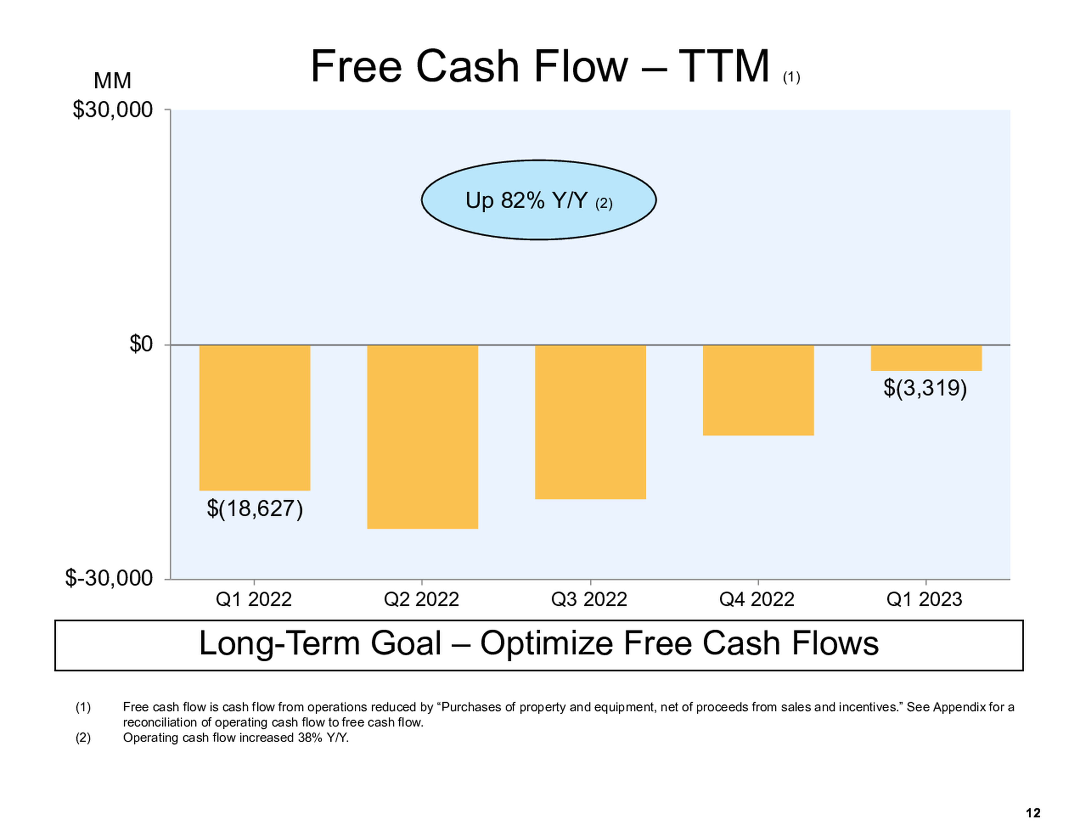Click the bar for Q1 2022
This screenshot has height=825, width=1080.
click(255, 417)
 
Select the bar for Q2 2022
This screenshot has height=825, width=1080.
click(422, 437)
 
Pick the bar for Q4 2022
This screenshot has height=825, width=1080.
click(758, 390)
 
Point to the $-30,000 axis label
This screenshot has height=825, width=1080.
click(109, 578)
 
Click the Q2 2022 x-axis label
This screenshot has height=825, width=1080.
click(421, 599)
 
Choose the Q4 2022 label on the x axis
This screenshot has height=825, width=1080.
click(757, 599)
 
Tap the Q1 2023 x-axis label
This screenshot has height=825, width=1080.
click(924, 599)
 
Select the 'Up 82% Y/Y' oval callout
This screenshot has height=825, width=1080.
click(539, 200)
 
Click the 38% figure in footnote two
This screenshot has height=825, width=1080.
click(307, 738)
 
